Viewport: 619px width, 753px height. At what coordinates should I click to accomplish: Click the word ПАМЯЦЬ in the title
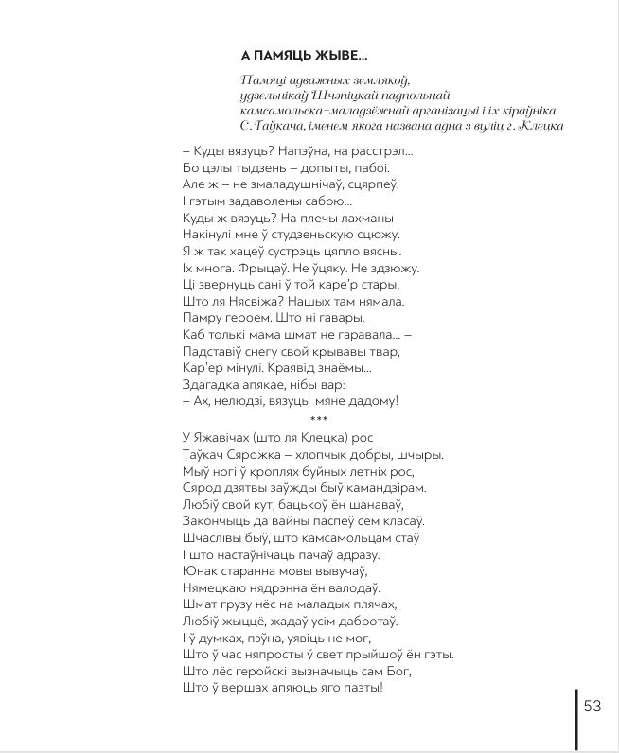click(291, 54)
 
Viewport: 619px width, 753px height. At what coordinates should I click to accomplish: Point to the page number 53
click(593, 707)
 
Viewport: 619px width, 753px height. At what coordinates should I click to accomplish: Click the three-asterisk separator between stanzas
click(319, 418)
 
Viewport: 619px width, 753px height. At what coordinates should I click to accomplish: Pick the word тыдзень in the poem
click(257, 167)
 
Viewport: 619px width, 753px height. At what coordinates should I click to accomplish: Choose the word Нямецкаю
click(214, 587)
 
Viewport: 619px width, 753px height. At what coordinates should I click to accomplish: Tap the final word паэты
click(360, 688)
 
